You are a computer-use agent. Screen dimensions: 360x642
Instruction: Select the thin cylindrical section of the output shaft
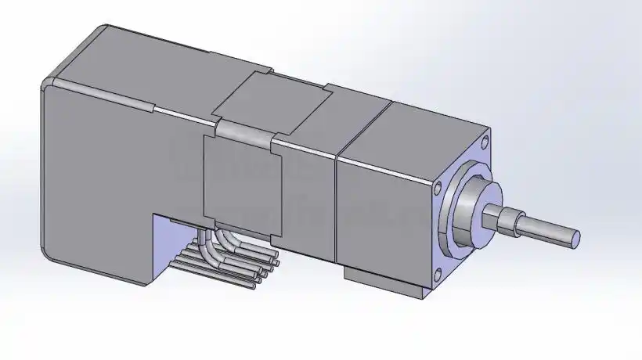click(548, 229)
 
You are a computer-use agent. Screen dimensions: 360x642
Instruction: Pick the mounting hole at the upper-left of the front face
click(438, 188)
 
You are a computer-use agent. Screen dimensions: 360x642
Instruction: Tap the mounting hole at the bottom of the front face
click(437, 273)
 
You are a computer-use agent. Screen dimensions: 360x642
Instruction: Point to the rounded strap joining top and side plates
click(243, 132)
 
